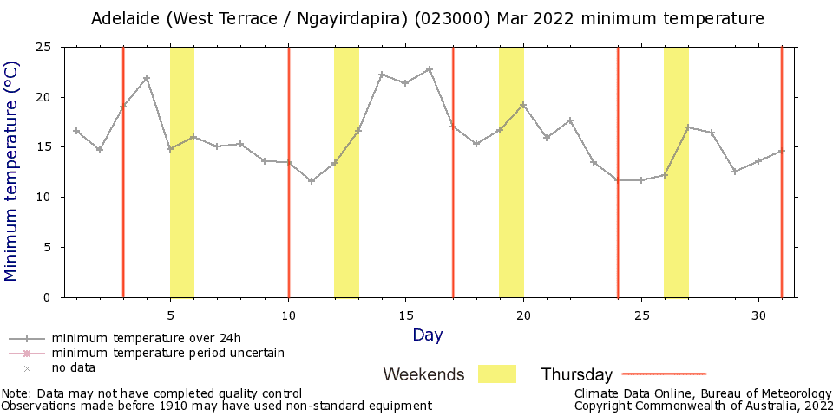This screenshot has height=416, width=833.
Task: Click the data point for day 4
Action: [x=147, y=78]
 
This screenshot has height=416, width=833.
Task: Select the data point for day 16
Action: [x=429, y=69]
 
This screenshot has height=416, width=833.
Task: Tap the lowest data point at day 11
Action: [x=312, y=181]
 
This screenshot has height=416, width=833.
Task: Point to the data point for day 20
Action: [x=523, y=105]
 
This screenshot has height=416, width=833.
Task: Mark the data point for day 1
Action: [x=76, y=131]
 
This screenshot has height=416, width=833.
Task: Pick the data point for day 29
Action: [x=735, y=172]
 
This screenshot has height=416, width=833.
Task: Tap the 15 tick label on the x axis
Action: [x=405, y=313]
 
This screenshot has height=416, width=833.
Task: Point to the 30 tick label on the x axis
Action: [x=758, y=313]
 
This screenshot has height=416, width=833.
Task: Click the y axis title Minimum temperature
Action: [x=11, y=172]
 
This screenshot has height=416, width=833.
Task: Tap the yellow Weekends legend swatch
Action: [x=496, y=374]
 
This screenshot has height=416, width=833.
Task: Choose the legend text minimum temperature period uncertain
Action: [x=167, y=353]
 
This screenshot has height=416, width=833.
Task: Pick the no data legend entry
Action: [x=73, y=367]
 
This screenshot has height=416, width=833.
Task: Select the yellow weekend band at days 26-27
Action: [x=676, y=217]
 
